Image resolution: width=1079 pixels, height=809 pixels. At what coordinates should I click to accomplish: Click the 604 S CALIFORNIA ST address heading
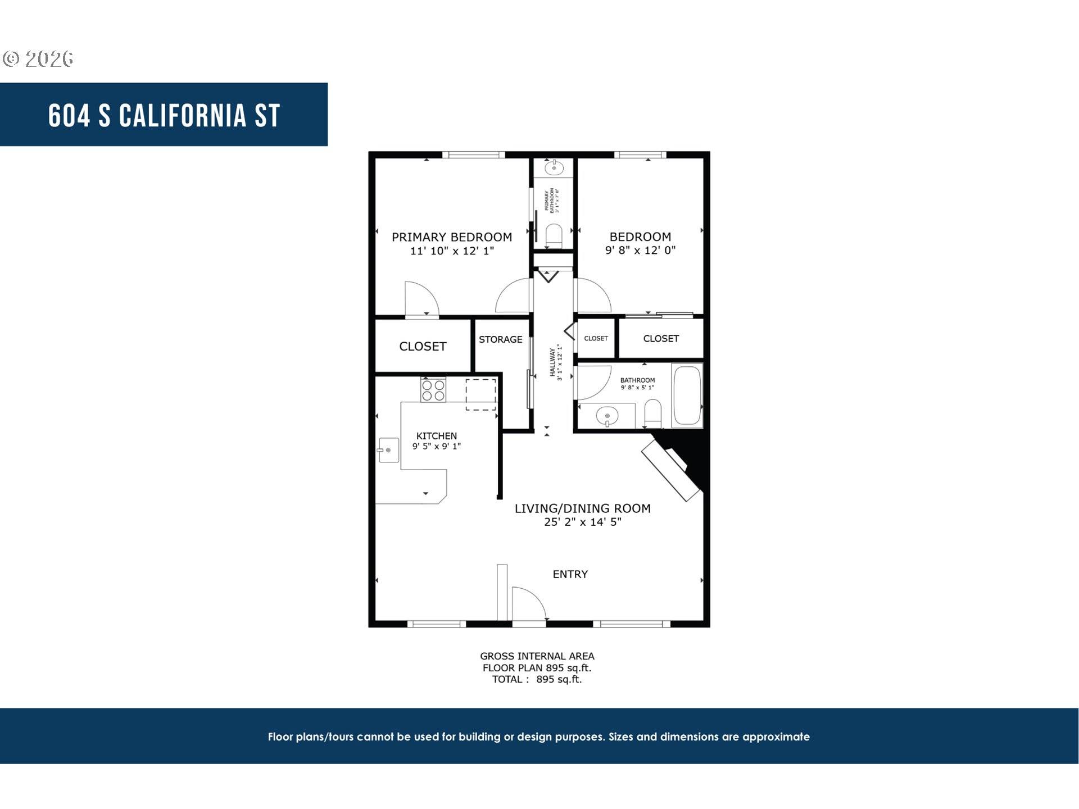(x=164, y=115)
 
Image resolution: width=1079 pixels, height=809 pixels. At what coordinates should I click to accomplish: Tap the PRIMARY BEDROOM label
(x=451, y=237)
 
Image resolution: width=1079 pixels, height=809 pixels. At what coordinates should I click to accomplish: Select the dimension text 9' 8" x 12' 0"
(x=640, y=251)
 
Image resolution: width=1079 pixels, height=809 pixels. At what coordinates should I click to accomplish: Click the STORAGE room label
(x=500, y=339)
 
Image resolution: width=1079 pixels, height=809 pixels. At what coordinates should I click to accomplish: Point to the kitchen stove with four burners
(x=433, y=390)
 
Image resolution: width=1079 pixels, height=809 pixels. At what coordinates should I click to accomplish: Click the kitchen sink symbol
(x=388, y=450)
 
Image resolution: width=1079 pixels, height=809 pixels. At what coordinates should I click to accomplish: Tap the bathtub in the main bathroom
(x=687, y=396)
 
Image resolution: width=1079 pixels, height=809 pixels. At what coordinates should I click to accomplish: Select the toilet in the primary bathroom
(x=554, y=235)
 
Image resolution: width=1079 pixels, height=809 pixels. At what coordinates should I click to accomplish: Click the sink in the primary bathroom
(x=554, y=167)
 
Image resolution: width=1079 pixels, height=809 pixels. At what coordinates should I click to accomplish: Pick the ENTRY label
(x=570, y=574)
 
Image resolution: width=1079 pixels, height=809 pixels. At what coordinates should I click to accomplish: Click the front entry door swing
(x=528, y=604)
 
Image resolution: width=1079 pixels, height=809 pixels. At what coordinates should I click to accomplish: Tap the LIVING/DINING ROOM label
(x=582, y=508)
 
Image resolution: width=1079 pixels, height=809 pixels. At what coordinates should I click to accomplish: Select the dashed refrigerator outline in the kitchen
(x=480, y=394)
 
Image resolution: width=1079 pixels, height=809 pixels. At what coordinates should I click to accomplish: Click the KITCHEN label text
(x=436, y=436)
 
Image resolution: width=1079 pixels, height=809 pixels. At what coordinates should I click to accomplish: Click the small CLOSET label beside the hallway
(x=596, y=338)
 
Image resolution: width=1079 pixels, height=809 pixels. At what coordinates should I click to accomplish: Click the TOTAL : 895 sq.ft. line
(x=537, y=679)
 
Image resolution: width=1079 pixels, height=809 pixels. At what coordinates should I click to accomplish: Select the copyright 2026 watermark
(x=38, y=59)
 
